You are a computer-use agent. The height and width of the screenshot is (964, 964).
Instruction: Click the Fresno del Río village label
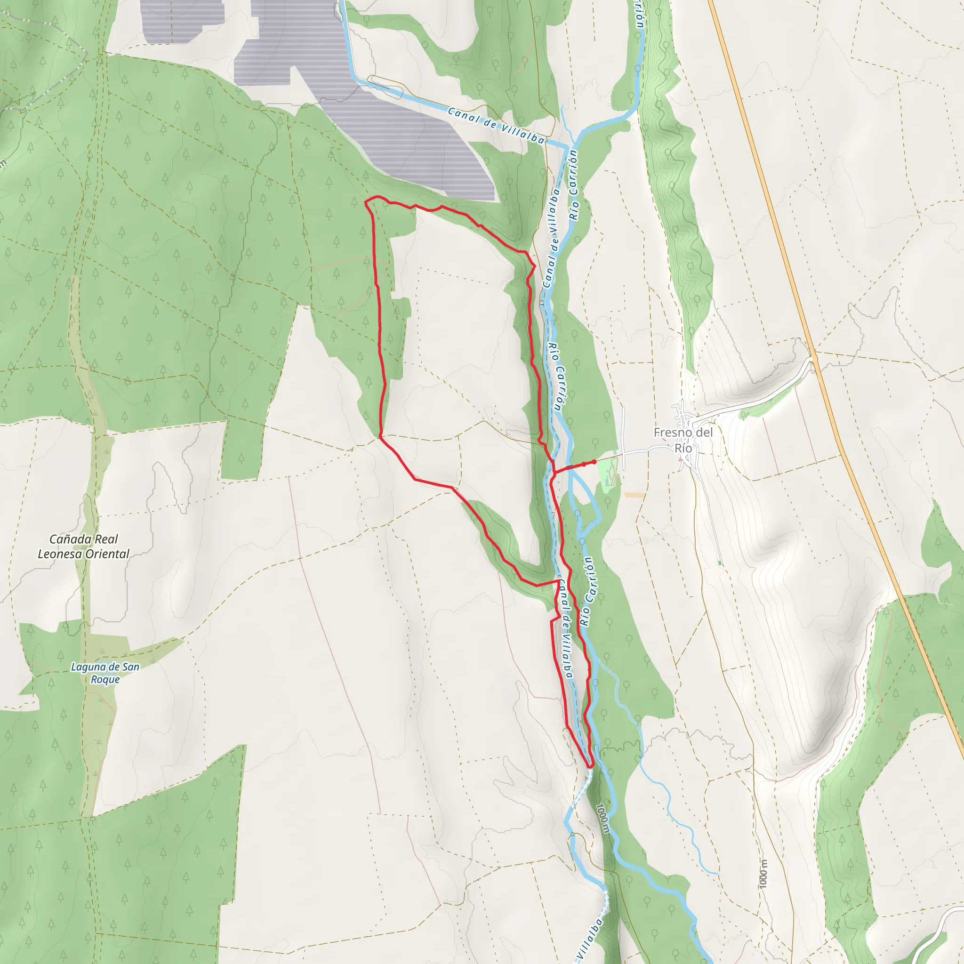pyautogui.click(x=683, y=440)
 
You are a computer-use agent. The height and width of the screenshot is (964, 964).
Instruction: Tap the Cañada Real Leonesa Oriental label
pyautogui.click(x=84, y=546)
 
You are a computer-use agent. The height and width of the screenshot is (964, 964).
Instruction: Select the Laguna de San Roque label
pyautogui.click(x=105, y=673)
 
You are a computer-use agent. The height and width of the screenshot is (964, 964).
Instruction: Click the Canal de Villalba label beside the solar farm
pyautogui.click(x=496, y=126)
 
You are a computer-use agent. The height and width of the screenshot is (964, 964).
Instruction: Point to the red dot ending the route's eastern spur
pyautogui.click(x=594, y=462)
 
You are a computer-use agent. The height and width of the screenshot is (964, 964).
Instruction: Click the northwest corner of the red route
pyautogui.click(x=366, y=201)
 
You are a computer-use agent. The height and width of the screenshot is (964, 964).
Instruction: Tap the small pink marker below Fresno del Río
pyautogui.click(x=680, y=460)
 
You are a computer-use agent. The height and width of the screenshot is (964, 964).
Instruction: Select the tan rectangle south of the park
pyautogui.click(x=634, y=495)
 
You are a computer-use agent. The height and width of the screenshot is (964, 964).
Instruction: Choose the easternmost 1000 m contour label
pyautogui.click(x=763, y=873)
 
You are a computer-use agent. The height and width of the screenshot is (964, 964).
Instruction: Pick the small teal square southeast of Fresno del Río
pyautogui.click(x=720, y=563)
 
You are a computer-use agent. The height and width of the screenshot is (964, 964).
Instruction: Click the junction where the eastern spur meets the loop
pyautogui.click(x=554, y=471)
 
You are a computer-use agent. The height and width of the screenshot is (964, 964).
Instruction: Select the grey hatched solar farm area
pyautogui.click(x=399, y=125)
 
